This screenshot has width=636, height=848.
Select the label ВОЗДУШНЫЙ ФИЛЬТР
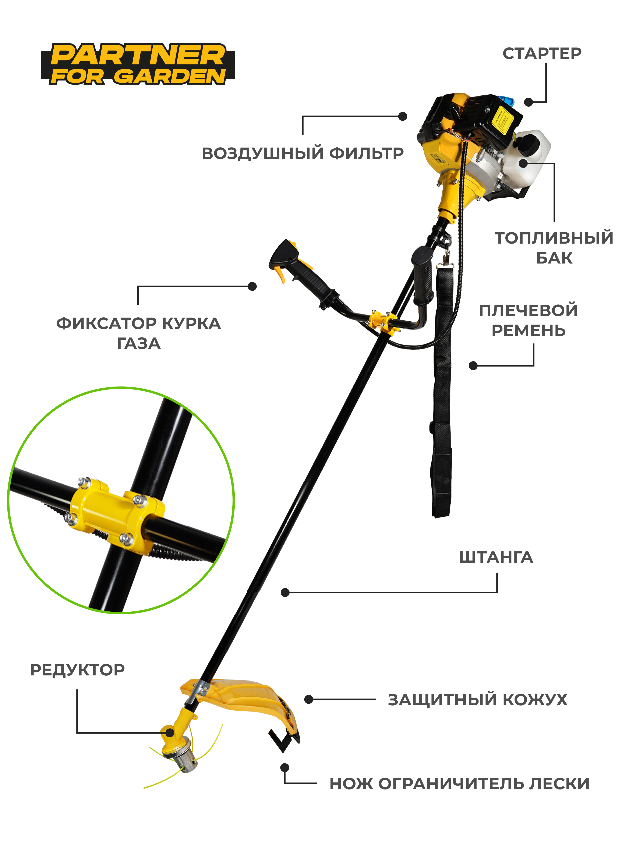pos(303,153)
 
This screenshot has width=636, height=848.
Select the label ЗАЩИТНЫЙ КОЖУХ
pos(477,700)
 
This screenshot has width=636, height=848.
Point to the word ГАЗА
pos(139,343)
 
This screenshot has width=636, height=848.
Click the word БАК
pos(554,258)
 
